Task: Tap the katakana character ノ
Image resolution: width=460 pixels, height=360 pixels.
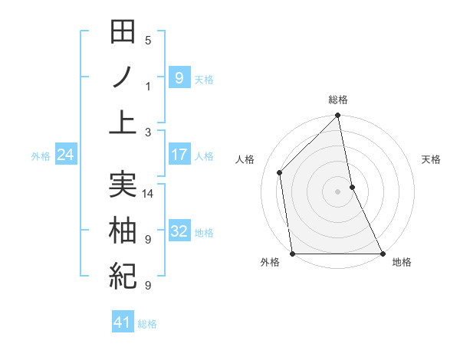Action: pos(123,78)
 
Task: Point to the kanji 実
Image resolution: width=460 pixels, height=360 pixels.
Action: pos(123,185)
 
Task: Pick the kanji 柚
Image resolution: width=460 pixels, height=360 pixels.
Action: pos(123,230)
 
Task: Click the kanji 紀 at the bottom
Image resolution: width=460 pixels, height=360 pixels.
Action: pos(123,274)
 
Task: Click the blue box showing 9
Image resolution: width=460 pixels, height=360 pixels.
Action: pos(179,77)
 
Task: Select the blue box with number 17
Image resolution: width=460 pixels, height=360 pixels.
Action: pos(179,155)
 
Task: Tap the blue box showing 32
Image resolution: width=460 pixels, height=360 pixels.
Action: pos(179,231)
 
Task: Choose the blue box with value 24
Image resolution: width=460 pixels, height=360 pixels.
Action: pos(66,155)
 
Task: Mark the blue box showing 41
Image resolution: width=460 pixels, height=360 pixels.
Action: pos(123,322)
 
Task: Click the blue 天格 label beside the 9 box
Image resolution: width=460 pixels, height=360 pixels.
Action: pos(204,79)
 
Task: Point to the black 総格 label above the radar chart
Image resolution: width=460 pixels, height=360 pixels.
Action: pos(338,100)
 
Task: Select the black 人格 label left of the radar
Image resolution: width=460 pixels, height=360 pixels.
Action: pos(245,159)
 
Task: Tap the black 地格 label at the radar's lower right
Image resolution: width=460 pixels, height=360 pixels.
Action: pos(402,262)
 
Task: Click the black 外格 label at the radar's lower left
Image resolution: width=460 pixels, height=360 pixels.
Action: pos(270,262)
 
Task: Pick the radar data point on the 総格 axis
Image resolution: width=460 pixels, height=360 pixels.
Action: pos(338,116)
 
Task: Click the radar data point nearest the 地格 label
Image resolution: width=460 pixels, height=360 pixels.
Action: pos(383,254)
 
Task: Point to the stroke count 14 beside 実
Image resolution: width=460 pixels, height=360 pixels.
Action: pos(149,193)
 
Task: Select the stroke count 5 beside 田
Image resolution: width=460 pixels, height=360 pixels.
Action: pos(148,41)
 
